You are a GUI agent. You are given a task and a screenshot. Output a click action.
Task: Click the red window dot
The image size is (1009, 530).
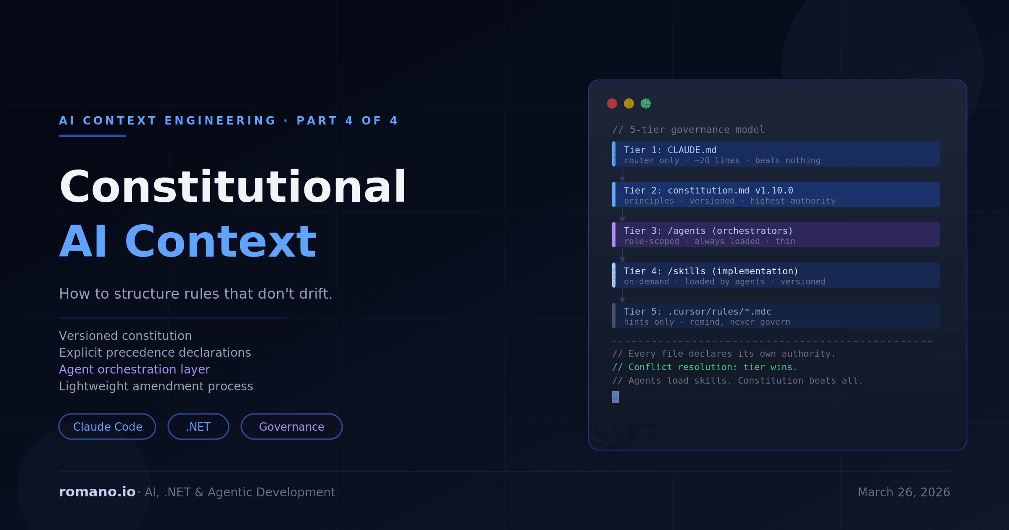[612, 103]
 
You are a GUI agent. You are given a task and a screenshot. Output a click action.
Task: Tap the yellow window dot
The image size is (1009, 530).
[629, 103]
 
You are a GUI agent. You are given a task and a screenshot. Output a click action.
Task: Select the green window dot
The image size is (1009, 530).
[646, 103]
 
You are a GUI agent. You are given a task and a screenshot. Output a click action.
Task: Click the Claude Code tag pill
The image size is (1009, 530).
[107, 427]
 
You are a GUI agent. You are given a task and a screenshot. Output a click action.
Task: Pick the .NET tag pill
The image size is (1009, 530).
[198, 427]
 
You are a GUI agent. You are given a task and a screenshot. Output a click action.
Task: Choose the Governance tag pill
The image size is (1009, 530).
[291, 427]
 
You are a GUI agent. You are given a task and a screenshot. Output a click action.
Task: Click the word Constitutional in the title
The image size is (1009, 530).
[232, 187]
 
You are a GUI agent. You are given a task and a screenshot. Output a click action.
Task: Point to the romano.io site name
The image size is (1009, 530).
[97, 492]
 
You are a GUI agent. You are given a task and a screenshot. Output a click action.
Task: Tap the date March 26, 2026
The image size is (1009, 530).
[903, 492]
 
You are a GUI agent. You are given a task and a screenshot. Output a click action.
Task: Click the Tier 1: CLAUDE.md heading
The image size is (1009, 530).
[670, 150]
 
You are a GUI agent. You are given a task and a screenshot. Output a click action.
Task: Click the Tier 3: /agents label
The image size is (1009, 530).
[665, 231]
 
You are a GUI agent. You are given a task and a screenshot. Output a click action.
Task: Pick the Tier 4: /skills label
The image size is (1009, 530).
[665, 271]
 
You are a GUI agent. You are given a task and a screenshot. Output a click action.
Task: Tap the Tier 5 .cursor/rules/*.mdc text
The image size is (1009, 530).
[719, 312]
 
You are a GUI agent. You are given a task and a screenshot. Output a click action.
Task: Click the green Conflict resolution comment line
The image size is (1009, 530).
[705, 367]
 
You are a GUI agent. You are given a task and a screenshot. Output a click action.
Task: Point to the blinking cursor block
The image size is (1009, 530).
[615, 397]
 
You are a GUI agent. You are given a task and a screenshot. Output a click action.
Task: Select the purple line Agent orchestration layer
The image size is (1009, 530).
[135, 369]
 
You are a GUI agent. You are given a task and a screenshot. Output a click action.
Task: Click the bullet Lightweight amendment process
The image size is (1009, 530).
[156, 386]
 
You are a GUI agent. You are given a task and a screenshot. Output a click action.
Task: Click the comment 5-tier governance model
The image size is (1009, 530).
[688, 130]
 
